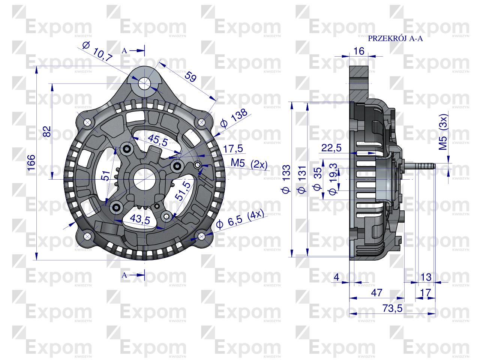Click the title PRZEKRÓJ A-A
(395, 38)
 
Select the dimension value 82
(46, 131)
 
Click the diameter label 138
(234, 119)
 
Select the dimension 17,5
(233, 148)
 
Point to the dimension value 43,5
(139, 219)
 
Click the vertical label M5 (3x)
(443, 133)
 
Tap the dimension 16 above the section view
(359, 51)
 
